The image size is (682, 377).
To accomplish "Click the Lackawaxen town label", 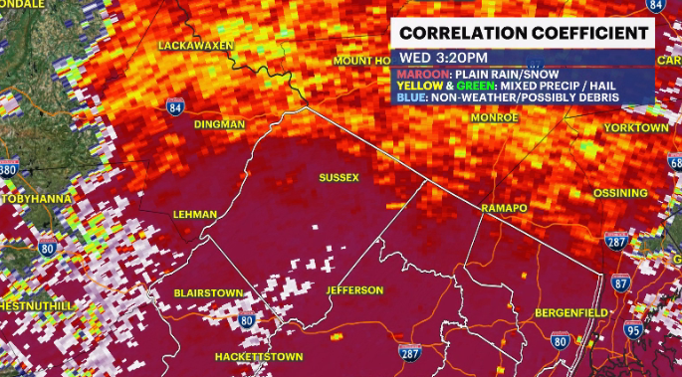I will [x=196, y=46].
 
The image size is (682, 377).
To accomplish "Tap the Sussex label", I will [x=338, y=178].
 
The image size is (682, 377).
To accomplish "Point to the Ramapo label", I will [x=501, y=206].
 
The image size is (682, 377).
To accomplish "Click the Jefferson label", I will [x=353, y=290].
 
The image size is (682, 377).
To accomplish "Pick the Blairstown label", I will [x=207, y=294].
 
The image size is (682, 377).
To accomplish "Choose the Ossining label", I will [x=620, y=193].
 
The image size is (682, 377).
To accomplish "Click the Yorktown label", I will [x=634, y=128].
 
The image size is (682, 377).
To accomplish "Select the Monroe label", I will [x=495, y=117].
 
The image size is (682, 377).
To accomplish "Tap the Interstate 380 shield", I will [x=8, y=170].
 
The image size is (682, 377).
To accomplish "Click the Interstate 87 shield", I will [x=620, y=283].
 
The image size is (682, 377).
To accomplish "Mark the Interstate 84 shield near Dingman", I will [x=175, y=107].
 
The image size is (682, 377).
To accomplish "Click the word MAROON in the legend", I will [x=424, y=73].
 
